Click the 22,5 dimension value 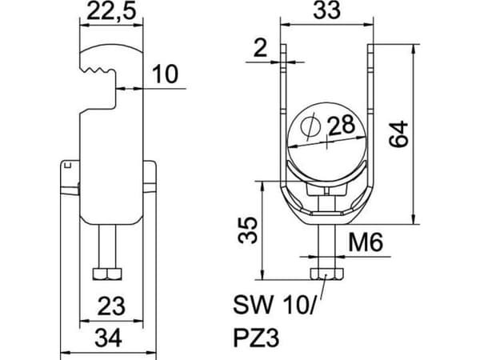click(x=111, y=11)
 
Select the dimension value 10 click(x=166, y=74)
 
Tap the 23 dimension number click(x=111, y=306)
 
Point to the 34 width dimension click(x=108, y=338)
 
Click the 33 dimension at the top click(x=326, y=10)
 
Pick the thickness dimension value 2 click(x=261, y=48)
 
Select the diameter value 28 click(x=342, y=126)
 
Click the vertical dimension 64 click(x=398, y=134)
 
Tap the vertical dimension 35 click(x=248, y=230)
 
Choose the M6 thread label click(x=366, y=242)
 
